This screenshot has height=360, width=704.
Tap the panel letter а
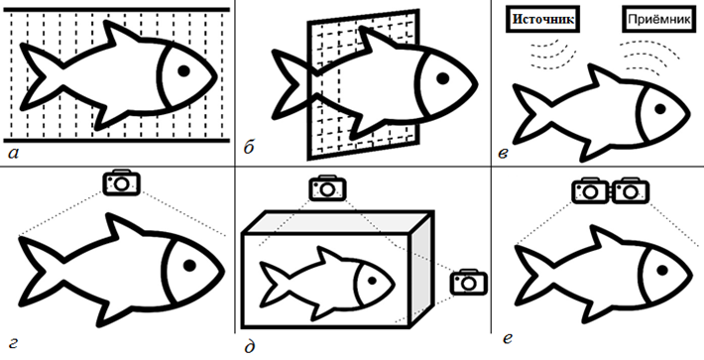point(14,154)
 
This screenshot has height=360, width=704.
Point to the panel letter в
point(504,154)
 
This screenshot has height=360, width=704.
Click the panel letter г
point(14,345)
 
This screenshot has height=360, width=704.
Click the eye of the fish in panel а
point(183,70)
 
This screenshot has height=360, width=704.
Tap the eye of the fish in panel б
point(443,77)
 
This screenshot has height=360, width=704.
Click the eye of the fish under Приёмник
point(660,108)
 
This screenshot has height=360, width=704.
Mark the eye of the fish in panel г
point(189,265)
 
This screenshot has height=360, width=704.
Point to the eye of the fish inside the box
point(372,281)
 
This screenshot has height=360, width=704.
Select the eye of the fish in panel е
point(661,270)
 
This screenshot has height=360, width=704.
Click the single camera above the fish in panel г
point(121,182)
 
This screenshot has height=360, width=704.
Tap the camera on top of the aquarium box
point(328,188)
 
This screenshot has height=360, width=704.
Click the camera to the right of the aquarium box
point(469,283)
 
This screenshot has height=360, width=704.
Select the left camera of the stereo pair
point(591,190)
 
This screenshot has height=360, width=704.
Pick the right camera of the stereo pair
point(631,190)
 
